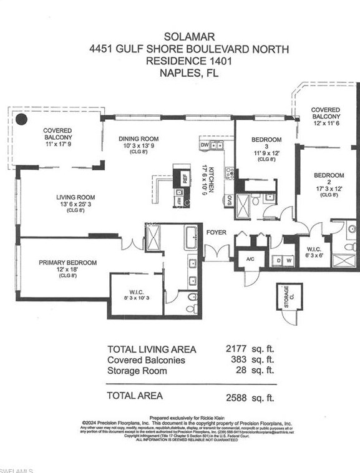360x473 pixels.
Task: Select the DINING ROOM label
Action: coord(139,139)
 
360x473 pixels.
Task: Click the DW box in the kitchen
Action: coord(205,145)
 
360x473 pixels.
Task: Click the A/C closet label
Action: coord(251,259)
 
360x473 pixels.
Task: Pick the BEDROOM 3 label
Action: coord(266,139)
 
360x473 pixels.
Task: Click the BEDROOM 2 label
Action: coord(328,176)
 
